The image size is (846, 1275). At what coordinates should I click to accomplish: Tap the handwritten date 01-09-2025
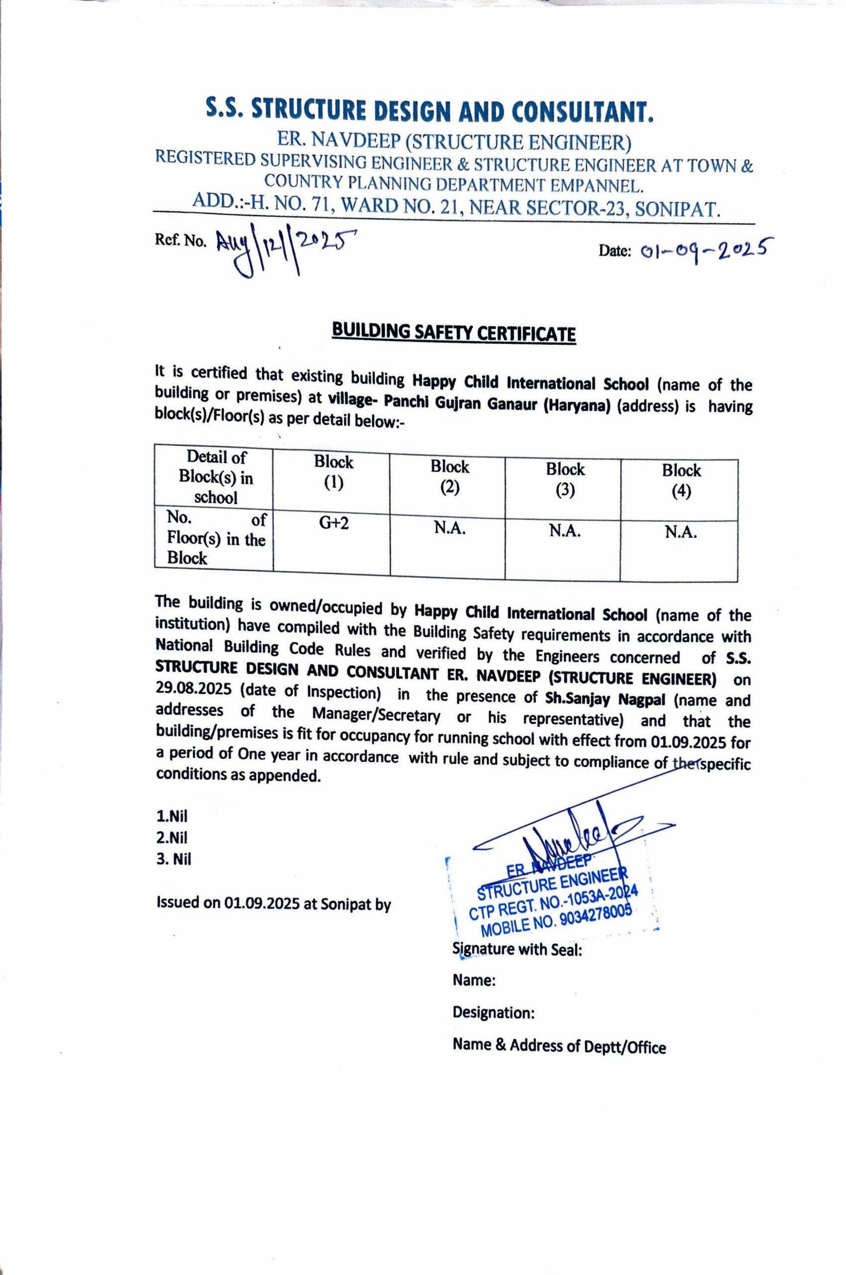point(704,249)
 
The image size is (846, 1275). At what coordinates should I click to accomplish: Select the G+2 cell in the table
point(333,523)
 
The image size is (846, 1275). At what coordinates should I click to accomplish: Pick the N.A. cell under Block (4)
point(680,532)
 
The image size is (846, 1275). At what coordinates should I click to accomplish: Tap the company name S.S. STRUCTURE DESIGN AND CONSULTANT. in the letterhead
point(429,110)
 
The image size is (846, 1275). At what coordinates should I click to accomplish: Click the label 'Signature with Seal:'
point(517,949)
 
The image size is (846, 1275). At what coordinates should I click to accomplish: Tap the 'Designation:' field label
point(493,1012)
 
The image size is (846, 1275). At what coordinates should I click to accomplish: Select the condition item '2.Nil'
point(172,838)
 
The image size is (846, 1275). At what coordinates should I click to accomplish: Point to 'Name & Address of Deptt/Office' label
point(559,1045)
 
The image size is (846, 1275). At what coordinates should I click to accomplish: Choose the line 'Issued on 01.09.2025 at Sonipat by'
point(273,903)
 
